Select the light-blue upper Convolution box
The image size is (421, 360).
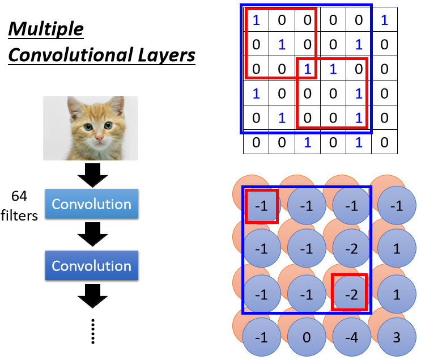[91, 204]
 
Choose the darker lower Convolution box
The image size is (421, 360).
[91, 265]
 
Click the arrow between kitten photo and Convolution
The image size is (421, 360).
[91, 176]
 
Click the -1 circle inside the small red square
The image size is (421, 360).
[262, 206]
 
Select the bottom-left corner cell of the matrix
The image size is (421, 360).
[256, 143]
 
